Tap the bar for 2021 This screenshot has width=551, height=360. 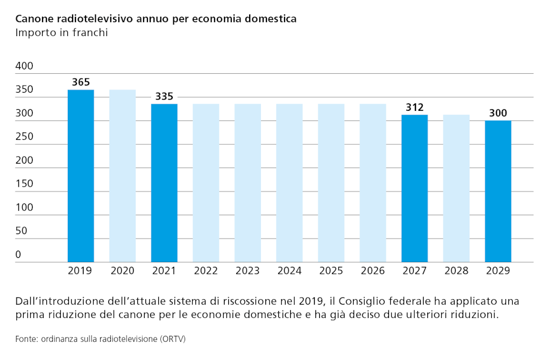click(164, 183)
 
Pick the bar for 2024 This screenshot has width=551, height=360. click(289, 183)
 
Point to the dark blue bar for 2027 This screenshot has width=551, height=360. click(415, 188)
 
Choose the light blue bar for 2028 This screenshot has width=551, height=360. click(456, 188)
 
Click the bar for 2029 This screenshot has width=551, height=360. click(498, 191)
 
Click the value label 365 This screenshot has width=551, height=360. click(81, 82)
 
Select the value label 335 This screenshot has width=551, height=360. click(164, 97)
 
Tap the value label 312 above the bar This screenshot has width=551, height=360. click(415, 108)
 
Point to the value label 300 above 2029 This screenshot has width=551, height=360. click(498, 114)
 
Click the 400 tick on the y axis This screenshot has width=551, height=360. click(24, 66)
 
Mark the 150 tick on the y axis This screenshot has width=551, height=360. click(24, 183)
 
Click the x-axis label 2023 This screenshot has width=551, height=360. click(248, 271)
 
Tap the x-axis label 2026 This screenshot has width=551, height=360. click(373, 271)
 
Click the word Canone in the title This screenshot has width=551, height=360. click(34, 19)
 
